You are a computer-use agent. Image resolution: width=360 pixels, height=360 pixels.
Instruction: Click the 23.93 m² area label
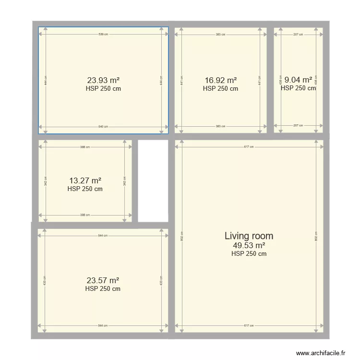point(103,81)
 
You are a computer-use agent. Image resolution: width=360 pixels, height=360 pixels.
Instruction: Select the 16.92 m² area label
point(220,81)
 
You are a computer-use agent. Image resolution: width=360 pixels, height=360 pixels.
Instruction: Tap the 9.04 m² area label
point(298,80)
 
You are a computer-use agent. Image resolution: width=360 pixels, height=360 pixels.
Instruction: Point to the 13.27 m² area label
point(85,181)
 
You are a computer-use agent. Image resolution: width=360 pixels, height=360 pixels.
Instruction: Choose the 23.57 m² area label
point(103,280)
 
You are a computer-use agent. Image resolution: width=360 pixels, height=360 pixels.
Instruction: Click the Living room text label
point(249,236)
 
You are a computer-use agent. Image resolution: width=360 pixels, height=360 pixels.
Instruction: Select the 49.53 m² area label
point(249,245)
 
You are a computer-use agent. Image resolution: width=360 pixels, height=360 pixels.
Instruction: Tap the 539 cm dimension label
point(103,35)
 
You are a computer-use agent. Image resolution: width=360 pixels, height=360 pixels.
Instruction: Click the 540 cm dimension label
point(103,127)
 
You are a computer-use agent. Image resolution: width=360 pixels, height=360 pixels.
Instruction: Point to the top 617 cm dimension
point(249,147)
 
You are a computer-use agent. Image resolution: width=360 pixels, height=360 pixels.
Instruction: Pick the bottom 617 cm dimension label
point(249,326)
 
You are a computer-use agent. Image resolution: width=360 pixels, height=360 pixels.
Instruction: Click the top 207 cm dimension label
point(298,35)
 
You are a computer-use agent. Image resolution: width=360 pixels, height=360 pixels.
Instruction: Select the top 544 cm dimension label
point(103,235)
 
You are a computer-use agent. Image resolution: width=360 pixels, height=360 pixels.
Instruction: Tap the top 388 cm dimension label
point(85,147)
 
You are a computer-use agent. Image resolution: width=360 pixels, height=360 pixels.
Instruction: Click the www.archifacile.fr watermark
point(321,353)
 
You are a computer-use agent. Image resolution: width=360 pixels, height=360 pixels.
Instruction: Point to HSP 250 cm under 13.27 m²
point(85,189)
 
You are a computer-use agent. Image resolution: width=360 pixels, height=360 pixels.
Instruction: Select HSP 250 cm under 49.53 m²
point(249,254)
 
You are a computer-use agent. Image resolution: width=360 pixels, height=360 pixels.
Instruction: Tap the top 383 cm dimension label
point(220,35)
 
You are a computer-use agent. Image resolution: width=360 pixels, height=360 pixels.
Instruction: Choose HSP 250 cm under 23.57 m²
point(103,289)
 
